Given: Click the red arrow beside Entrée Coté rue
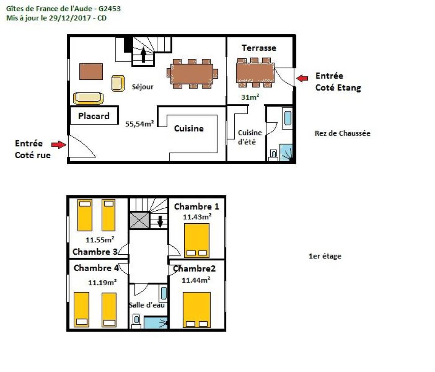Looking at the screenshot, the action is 59,145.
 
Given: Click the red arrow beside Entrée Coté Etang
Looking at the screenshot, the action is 302,78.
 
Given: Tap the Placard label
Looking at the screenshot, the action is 94,116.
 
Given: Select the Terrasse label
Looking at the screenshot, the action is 259,48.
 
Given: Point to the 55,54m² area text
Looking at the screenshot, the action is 139,124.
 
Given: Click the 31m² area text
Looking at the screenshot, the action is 250,97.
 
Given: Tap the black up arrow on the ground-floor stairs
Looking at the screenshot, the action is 143,55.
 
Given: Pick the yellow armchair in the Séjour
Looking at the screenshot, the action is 118,83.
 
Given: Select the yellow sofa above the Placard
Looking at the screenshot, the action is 88,98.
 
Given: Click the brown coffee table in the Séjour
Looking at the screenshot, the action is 91,72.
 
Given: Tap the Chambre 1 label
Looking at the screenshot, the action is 196,207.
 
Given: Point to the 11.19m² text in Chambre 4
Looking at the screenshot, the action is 102,282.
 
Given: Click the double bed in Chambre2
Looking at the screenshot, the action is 196,310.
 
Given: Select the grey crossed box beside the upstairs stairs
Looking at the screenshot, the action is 140,221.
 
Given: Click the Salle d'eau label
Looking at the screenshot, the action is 147,305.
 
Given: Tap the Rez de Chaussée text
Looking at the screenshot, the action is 342,133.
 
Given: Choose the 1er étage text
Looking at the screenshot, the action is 325,256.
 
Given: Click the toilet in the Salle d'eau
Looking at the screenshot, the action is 136,321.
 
